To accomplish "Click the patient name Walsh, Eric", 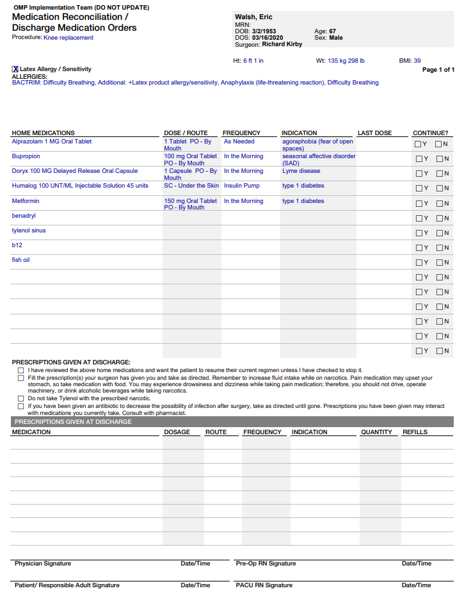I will click(x=254, y=17).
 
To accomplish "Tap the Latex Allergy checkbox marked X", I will click(x=15, y=69).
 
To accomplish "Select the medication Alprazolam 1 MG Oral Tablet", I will click(x=52, y=142).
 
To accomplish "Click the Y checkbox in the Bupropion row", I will click(x=419, y=159).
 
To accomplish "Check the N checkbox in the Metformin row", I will click(x=439, y=204).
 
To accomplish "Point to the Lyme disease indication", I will click(x=301, y=171).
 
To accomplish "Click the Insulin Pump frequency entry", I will click(x=241, y=186).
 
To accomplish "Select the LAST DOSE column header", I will click(x=374, y=133).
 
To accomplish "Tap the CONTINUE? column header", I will click(x=430, y=133).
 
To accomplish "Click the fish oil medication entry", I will click(x=20, y=260).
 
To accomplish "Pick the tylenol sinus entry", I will click(x=29, y=231).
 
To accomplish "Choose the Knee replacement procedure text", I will click(x=68, y=38).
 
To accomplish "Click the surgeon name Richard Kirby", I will click(x=282, y=45).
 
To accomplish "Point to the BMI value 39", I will click(x=417, y=61).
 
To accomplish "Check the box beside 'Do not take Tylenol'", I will click(x=21, y=398).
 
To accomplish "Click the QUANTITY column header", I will click(x=376, y=432).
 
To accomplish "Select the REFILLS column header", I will click(x=415, y=432).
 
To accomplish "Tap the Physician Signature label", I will click(x=43, y=564).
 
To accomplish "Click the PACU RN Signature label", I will click(x=264, y=585).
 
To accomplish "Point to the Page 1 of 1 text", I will click(x=438, y=70).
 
